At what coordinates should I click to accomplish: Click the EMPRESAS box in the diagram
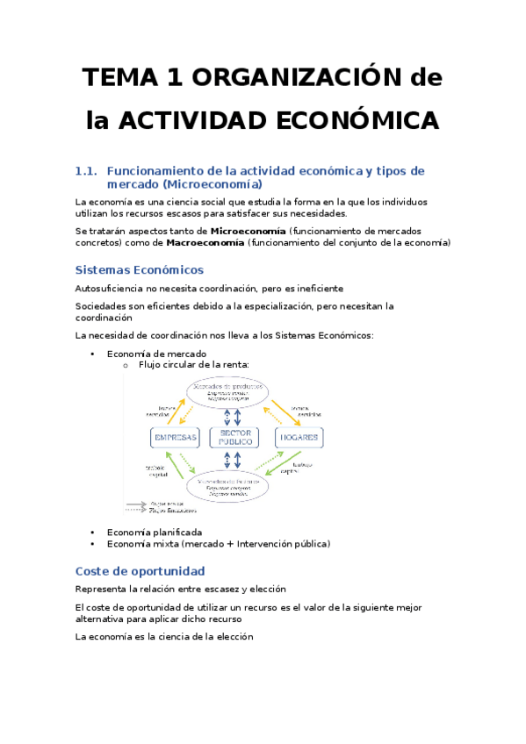(x=176, y=437)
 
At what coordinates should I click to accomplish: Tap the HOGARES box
(x=299, y=437)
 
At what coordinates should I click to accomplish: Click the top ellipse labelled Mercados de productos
(x=235, y=391)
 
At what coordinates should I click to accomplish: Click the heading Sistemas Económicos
(x=139, y=269)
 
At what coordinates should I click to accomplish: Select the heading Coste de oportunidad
(x=140, y=571)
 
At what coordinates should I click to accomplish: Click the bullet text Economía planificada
(x=154, y=532)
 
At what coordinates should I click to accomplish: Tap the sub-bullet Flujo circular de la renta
(x=194, y=364)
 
